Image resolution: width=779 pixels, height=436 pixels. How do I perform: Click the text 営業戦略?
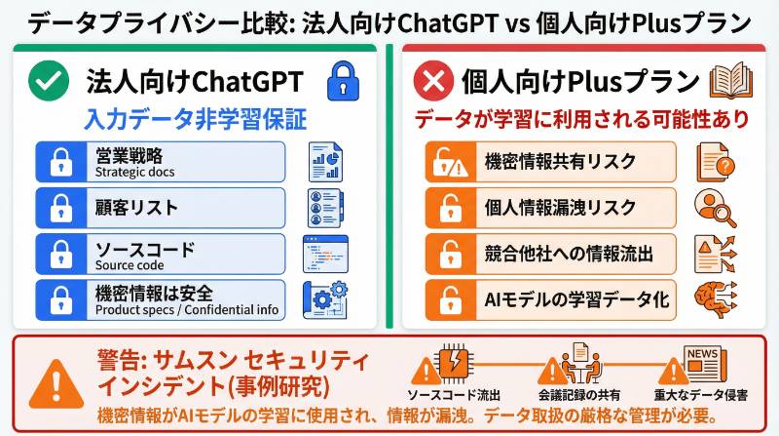(x=129, y=154)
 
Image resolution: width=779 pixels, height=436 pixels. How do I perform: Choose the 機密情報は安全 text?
(x=154, y=292)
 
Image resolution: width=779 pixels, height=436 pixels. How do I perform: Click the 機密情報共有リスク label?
(x=546, y=162)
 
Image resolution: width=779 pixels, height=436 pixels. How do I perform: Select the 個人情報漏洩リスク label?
(x=546, y=208)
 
